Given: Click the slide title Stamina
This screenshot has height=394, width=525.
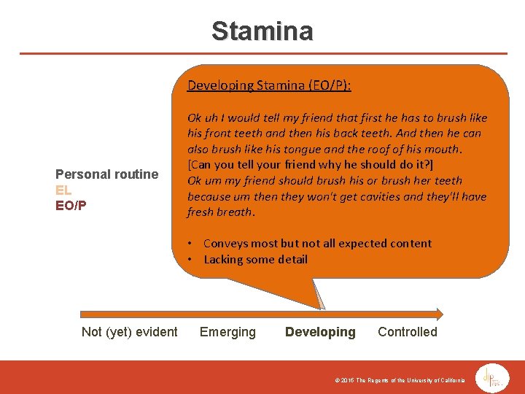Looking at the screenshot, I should point(262,31).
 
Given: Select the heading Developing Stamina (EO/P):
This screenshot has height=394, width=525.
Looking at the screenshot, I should point(269,85).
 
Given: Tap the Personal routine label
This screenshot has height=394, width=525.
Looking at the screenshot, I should point(106,174).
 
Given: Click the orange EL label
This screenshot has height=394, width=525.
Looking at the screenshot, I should point(64,190).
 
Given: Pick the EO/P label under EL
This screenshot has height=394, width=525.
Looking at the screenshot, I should point(71,205).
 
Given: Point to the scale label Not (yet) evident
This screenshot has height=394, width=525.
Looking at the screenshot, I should point(129,332).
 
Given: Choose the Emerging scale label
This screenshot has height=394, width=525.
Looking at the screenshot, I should point(227,332).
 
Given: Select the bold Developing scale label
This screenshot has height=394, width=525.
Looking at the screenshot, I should point(320,332).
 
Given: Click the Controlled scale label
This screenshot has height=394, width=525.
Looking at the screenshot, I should point(407,332).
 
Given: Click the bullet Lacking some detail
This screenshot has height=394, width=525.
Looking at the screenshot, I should point(255,259).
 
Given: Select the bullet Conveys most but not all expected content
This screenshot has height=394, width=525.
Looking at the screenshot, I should point(317,243).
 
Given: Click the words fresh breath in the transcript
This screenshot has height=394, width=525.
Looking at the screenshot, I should point(220,212).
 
